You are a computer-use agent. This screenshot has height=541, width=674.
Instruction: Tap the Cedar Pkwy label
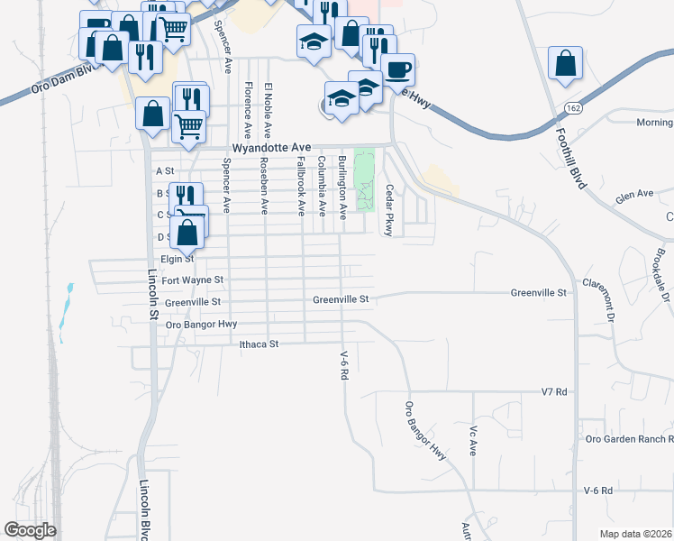click(390, 211)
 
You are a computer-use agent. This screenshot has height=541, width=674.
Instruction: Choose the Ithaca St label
click(260, 344)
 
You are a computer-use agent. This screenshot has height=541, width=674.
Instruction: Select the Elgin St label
click(178, 258)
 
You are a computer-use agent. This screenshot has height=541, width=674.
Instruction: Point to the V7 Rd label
click(554, 392)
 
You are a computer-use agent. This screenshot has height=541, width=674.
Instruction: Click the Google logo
click(30, 530)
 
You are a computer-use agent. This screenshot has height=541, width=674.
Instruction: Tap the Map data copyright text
click(636, 534)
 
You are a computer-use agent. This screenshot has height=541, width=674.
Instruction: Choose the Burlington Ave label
click(342, 188)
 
